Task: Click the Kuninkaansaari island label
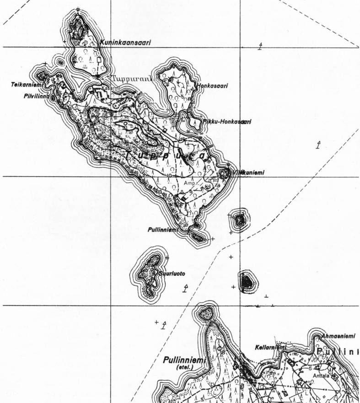pos(125,43)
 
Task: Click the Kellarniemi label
pos(270,348)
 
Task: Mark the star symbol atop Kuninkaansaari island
pos(78,10)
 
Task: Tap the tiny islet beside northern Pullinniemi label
pos(199,237)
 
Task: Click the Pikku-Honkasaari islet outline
pos(187,123)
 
